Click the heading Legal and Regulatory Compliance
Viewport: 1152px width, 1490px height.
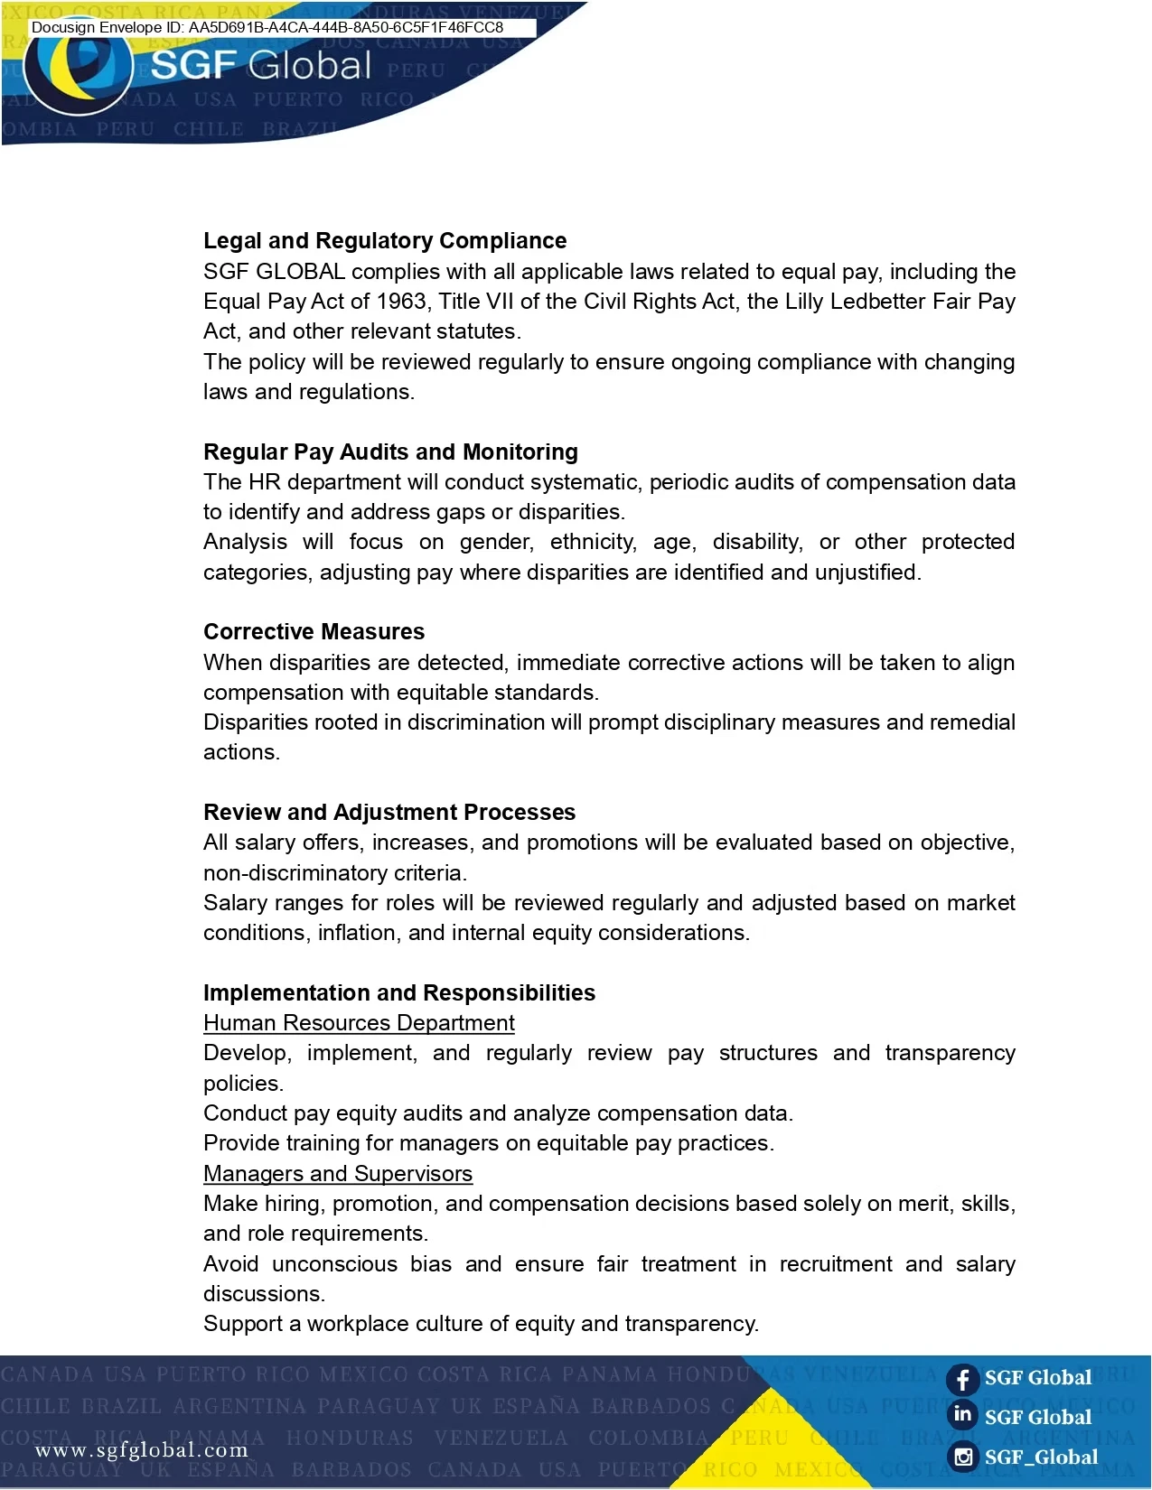(385, 241)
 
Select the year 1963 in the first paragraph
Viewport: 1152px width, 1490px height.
(401, 302)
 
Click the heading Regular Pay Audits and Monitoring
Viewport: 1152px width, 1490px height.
(390, 452)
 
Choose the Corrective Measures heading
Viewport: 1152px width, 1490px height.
(314, 632)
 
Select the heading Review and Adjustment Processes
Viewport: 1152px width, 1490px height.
(389, 813)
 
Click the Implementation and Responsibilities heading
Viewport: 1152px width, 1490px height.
(399, 993)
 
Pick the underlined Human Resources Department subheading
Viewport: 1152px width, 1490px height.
(359, 1023)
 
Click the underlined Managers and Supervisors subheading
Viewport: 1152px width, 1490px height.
(338, 1174)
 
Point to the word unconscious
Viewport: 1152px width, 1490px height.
(334, 1264)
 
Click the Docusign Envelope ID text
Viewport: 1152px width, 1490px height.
(267, 27)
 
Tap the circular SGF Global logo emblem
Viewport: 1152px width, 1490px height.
(79, 72)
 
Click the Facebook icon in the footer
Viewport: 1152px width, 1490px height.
(963, 1379)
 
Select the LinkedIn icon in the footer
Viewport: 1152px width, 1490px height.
(963, 1415)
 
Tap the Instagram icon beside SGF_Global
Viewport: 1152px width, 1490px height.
(964, 1457)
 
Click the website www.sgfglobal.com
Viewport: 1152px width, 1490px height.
(142, 1450)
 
